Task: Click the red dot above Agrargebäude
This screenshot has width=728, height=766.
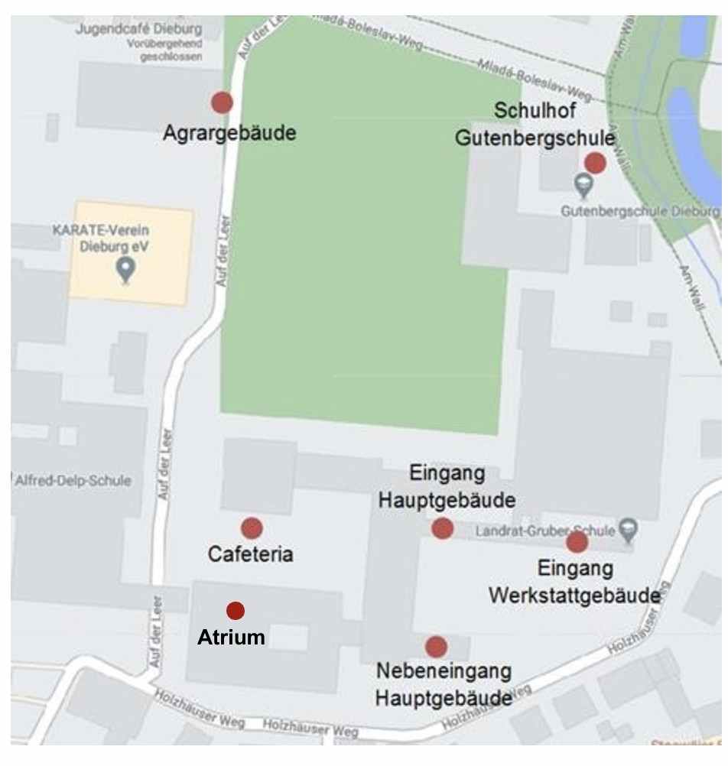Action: (x=222, y=102)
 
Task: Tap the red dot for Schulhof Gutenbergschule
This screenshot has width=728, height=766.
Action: (x=595, y=163)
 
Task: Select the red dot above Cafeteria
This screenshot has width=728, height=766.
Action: (x=252, y=527)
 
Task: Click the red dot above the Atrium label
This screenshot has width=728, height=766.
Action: (x=236, y=610)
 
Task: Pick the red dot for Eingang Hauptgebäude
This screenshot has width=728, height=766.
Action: (x=442, y=527)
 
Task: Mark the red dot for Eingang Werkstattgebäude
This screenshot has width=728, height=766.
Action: (x=577, y=542)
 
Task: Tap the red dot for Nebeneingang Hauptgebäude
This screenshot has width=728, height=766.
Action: (x=436, y=647)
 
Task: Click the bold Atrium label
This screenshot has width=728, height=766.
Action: (x=232, y=638)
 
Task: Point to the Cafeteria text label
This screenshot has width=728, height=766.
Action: (x=251, y=555)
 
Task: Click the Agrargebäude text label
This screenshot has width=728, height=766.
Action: (x=229, y=133)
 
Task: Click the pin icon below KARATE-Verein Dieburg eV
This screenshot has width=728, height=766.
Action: (x=125, y=268)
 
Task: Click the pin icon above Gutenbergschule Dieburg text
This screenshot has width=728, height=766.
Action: (x=583, y=183)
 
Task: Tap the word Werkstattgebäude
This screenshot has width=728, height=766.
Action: (x=575, y=595)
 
